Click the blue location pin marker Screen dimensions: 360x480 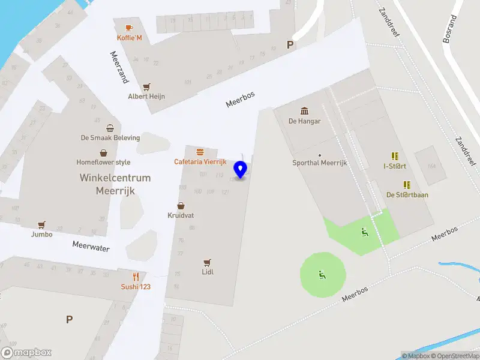(x=241, y=170)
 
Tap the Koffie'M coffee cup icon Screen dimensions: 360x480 (x=129, y=28)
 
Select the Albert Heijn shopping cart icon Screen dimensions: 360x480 (x=146, y=86)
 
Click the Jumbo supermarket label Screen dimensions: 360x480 (x=42, y=235)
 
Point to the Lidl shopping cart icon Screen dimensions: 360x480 (x=208, y=262)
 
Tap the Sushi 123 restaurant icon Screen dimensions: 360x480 (x=136, y=277)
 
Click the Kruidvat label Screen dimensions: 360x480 (x=181, y=215)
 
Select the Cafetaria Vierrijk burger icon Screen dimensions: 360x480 (x=200, y=152)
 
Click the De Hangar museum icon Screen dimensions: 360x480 (x=304, y=111)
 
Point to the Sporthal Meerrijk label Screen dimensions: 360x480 (x=319, y=163)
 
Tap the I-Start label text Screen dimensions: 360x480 (x=394, y=166)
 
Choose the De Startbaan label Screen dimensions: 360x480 (x=407, y=195)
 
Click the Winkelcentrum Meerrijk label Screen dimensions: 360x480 (x=115, y=184)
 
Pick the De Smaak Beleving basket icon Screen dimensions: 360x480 (x=110, y=128)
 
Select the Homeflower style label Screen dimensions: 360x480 (x=103, y=162)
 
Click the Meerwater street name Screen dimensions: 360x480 (x=91, y=246)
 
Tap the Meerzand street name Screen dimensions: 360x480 (x=119, y=66)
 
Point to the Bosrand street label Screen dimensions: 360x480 (x=449, y=29)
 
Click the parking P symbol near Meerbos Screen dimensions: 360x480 (x=290, y=44)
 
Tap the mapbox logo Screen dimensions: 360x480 (x=26, y=353)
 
